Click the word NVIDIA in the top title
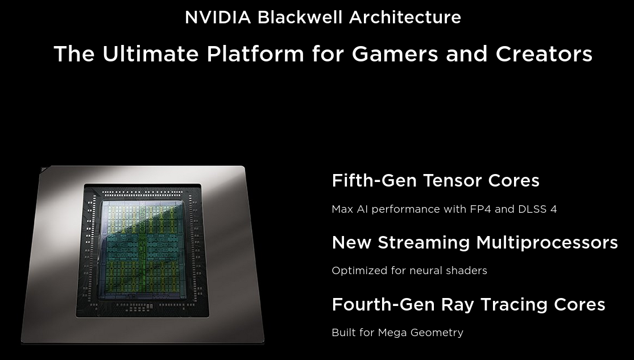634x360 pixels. click(x=218, y=18)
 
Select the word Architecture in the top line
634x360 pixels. click(x=405, y=18)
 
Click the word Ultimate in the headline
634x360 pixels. click(x=151, y=54)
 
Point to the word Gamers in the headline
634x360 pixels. click(x=395, y=54)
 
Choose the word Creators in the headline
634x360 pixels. click(x=544, y=54)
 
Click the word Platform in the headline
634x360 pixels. click(x=255, y=54)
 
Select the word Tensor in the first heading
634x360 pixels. click(x=452, y=180)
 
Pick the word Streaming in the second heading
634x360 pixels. click(x=424, y=243)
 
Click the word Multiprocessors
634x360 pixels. click(x=547, y=243)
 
